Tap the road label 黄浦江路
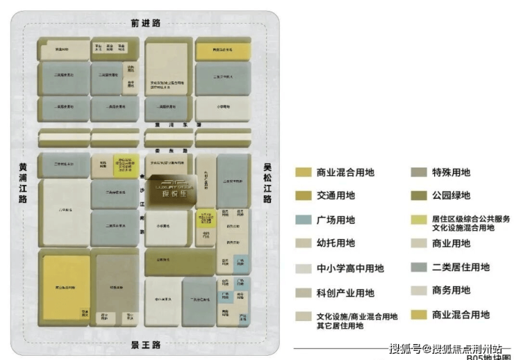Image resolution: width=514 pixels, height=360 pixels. [x=23, y=183]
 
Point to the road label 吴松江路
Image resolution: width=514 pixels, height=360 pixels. [x=267, y=183]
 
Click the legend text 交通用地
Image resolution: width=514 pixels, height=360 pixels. [x=335, y=196]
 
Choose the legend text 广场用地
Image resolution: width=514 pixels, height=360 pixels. [x=335, y=220]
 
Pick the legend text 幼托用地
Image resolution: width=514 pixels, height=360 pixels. [x=335, y=243]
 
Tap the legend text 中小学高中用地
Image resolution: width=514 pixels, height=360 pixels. [x=350, y=268]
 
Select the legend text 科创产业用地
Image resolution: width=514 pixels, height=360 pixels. [x=345, y=293]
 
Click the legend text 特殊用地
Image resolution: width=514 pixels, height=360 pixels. [x=451, y=172]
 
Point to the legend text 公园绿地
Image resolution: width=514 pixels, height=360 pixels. [x=451, y=196]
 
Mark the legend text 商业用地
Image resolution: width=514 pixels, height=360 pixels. [x=451, y=243]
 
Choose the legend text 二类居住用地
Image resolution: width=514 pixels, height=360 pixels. [x=461, y=267]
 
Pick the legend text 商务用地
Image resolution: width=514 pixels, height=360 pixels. [x=451, y=291]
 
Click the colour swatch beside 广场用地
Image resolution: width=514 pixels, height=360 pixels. [x=303, y=220]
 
